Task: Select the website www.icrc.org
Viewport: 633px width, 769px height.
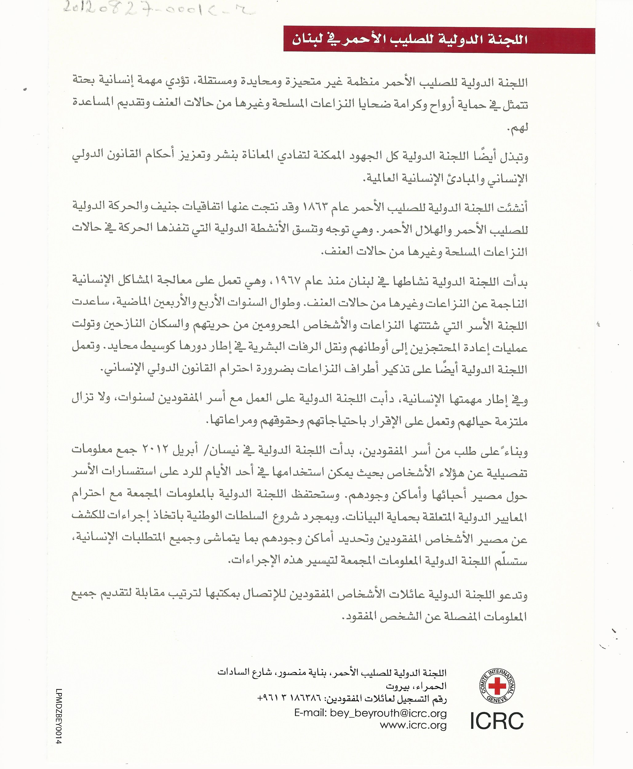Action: pyautogui.click(x=413, y=725)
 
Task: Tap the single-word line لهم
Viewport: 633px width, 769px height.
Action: pyautogui.click(x=517, y=128)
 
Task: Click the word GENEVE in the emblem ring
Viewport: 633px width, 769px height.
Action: pyautogui.click(x=497, y=699)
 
